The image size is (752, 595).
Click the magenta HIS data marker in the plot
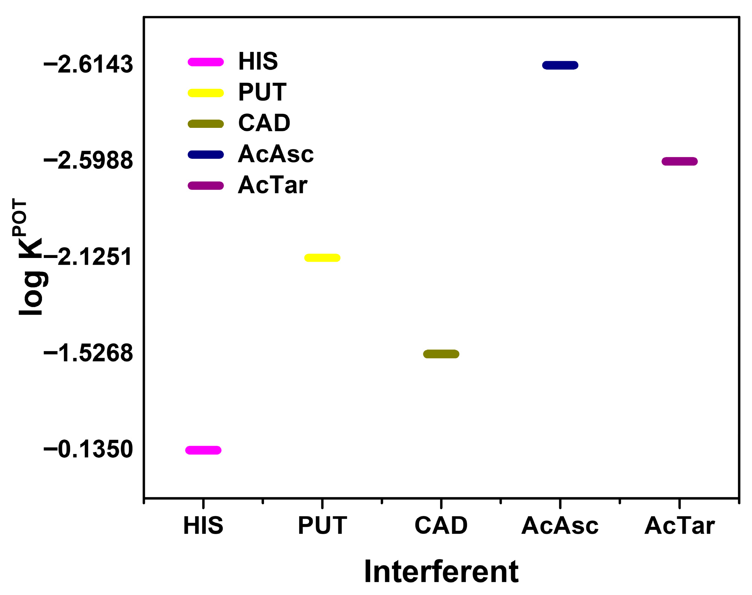click(x=203, y=450)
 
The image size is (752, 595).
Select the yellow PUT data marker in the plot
click(x=322, y=258)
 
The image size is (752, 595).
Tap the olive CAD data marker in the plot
click(x=441, y=354)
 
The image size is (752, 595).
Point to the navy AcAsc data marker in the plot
click(x=560, y=65)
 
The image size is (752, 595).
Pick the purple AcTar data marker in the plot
click(x=679, y=162)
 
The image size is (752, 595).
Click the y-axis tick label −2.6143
click(x=88, y=64)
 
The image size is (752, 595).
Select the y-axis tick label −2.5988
click(x=88, y=161)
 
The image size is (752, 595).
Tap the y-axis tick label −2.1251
click(x=88, y=257)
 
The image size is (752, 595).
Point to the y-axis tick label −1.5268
click(x=88, y=353)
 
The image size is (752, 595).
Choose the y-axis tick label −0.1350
click(x=88, y=449)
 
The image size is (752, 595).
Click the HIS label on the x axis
click(x=203, y=525)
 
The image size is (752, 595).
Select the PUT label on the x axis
click(x=322, y=525)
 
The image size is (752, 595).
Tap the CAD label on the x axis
click(x=441, y=525)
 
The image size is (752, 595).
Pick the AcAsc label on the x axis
click(x=560, y=525)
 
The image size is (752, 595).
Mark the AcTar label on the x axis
click(x=679, y=525)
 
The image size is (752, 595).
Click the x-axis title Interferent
click(x=441, y=572)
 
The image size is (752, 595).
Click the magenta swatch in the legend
click(x=206, y=62)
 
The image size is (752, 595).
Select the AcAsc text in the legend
click(x=276, y=154)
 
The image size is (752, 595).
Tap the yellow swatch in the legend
click(x=206, y=93)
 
